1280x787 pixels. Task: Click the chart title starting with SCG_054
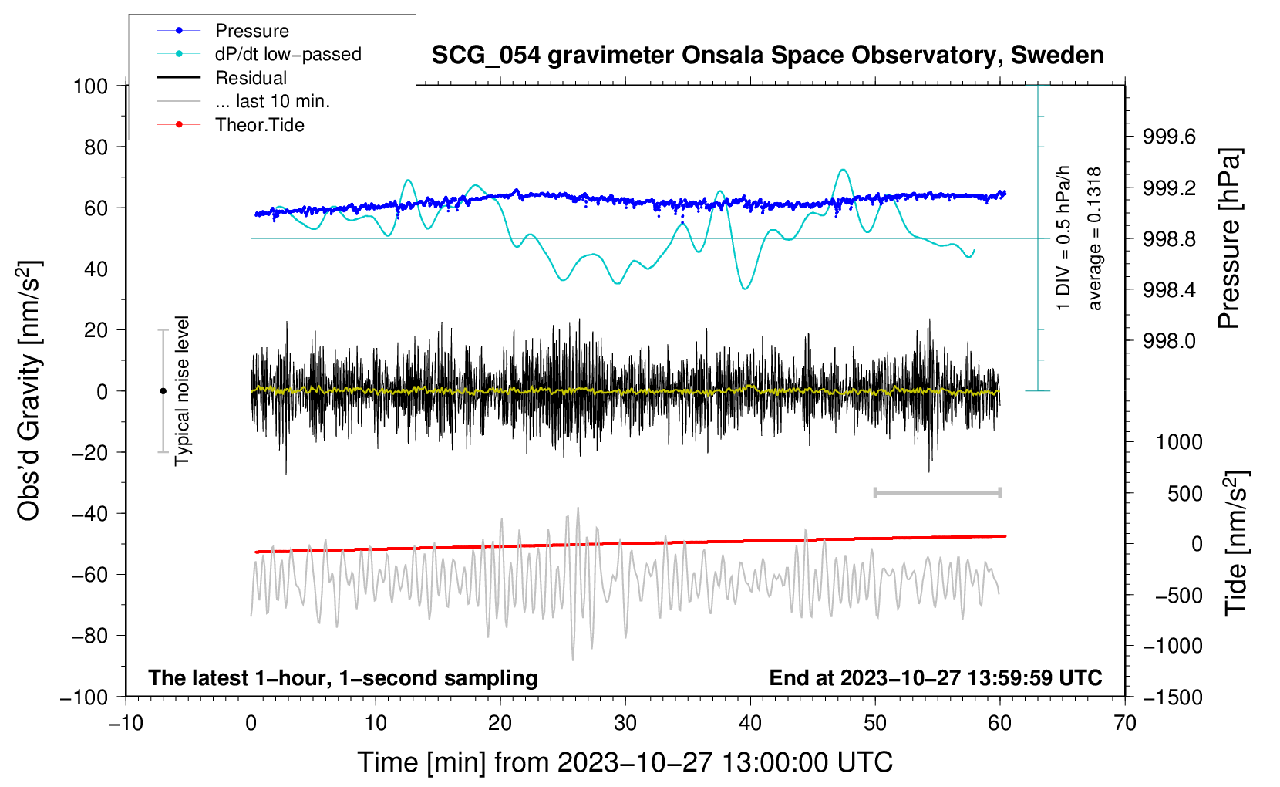pyautogui.click(x=767, y=56)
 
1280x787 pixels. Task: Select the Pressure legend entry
pyautogui.click(x=224, y=30)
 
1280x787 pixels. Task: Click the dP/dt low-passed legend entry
pyautogui.click(x=259, y=54)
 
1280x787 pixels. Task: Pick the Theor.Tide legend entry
pyautogui.click(x=231, y=125)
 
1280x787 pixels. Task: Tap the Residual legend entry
pyautogui.click(x=222, y=78)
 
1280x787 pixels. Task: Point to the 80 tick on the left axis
pyautogui.click(x=96, y=147)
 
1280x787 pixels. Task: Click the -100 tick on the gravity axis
pyautogui.click(x=84, y=697)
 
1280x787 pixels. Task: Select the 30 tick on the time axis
pyautogui.click(x=625, y=724)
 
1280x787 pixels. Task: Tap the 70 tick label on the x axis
pyautogui.click(x=1124, y=724)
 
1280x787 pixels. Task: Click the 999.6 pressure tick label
pyautogui.click(x=1169, y=137)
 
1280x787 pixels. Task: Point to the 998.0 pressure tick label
pyautogui.click(x=1169, y=342)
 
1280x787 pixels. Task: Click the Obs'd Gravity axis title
pyautogui.click(x=29, y=390)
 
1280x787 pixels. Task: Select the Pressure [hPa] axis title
pyautogui.click(x=1230, y=238)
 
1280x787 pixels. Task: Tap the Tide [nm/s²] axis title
pyautogui.click(x=1237, y=543)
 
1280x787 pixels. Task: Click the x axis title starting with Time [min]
pyautogui.click(x=625, y=762)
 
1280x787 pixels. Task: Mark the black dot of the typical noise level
pyautogui.click(x=163, y=391)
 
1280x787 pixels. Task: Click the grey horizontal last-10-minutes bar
pyautogui.click(x=937, y=492)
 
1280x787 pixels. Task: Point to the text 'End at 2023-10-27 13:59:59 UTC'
pyautogui.click(x=935, y=677)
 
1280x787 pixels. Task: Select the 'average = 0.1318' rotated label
pyautogui.click(x=1093, y=239)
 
